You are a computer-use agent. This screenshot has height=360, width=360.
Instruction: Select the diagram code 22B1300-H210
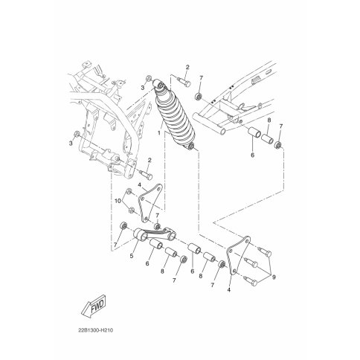tap(96, 330)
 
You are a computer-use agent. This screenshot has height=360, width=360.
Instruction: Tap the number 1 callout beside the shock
tap(159, 133)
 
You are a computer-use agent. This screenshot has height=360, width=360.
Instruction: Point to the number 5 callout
tap(132, 256)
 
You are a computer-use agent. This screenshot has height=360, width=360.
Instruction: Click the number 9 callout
tap(274, 277)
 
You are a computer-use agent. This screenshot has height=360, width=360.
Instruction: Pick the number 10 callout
tap(118, 201)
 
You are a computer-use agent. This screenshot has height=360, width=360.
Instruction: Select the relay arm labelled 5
tap(155, 234)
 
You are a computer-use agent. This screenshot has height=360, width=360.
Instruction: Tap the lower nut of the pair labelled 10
tap(132, 210)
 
